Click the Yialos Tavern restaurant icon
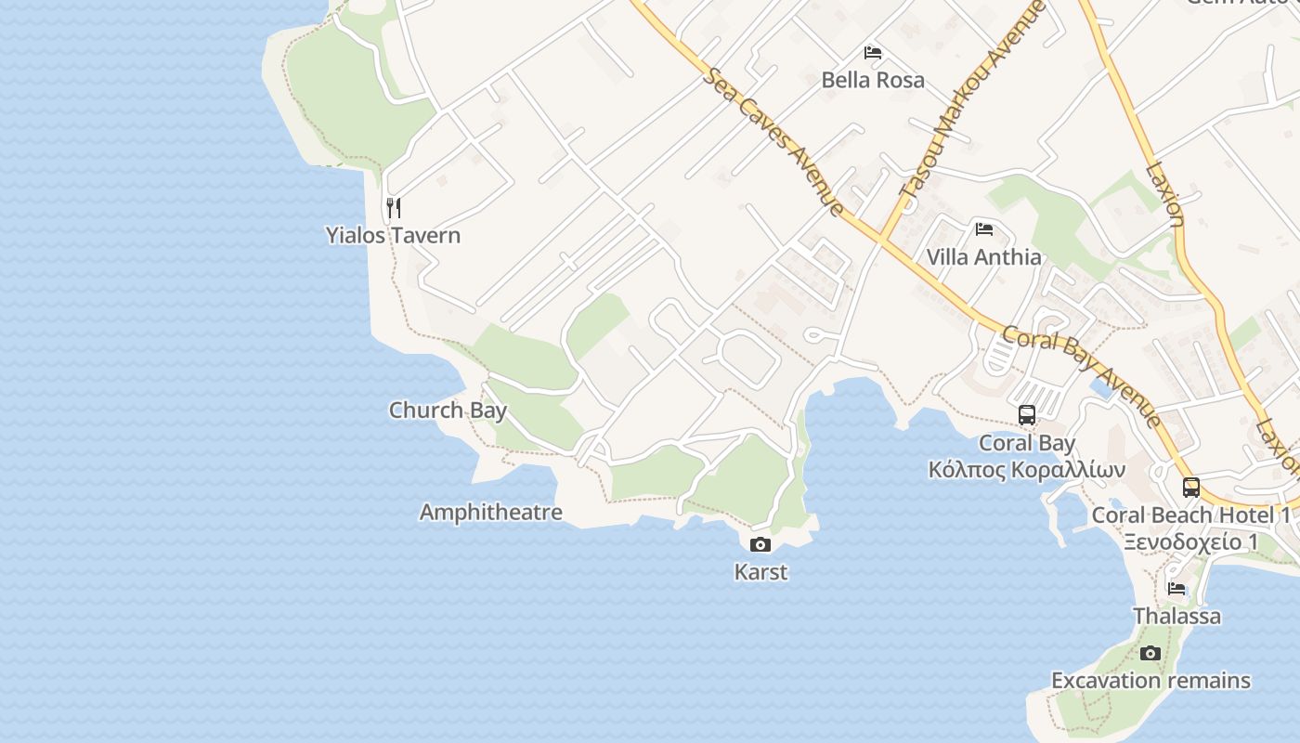point(394,207)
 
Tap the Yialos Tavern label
point(393,235)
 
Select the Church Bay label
point(448,410)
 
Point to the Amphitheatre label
point(490,512)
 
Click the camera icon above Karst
point(760,544)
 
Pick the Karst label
point(760,572)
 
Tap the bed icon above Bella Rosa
point(873,52)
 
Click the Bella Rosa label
point(873,80)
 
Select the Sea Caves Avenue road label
point(773,141)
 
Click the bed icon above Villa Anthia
point(984,228)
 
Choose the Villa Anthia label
point(984,256)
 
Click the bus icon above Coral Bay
point(1027,415)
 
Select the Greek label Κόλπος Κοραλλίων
point(1027,470)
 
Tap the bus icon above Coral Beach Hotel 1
point(1191,487)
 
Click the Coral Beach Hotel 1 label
point(1191,515)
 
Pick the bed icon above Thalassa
point(1176,588)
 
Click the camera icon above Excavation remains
point(1150,653)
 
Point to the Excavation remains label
point(1150,681)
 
